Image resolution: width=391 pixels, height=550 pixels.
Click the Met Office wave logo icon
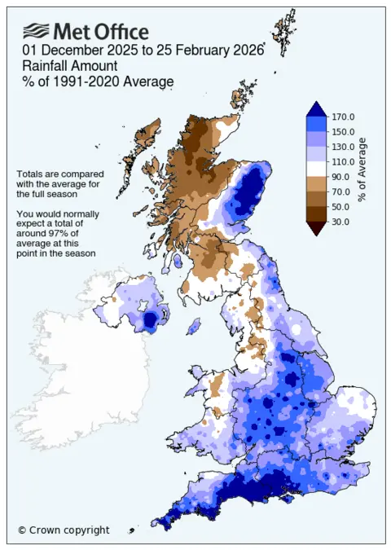point(36,32)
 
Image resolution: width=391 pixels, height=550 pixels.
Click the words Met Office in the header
point(101,32)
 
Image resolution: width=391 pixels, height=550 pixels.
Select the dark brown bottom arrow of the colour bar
point(318,228)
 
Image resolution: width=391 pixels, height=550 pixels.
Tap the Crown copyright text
point(64,530)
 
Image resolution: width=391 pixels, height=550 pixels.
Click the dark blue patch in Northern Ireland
point(149,322)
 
